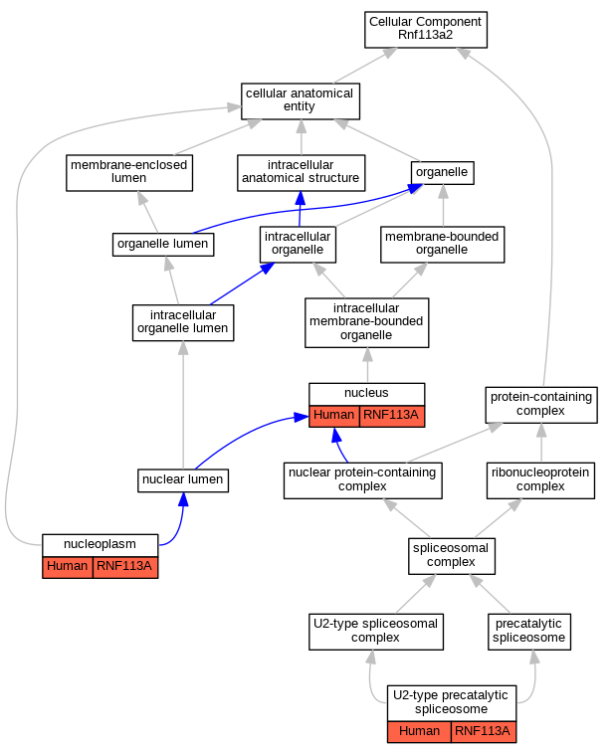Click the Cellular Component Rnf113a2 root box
(x=426, y=30)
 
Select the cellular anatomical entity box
(x=301, y=101)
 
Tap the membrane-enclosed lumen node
(x=129, y=173)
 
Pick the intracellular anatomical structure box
(x=302, y=173)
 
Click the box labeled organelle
(x=443, y=173)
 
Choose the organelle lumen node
(x=163, y=245)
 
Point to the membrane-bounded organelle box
(x=443, y=245)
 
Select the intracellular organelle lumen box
(x=183, y=322)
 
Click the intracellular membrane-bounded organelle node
(x=366, y=322)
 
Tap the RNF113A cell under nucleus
(x=391, y=416)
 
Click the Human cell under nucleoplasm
(x=68, y=567)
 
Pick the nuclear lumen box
(x=183, y=480)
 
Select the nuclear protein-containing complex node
(x=362, y=480)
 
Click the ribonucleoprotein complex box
(x=540, y=480)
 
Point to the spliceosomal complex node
(x=452, y=556)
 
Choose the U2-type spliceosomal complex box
(x=376, y=632)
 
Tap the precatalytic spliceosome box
(x=529, y=632)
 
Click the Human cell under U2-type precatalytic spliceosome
(x=419, y=732)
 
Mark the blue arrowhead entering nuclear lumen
(x=183, y=499)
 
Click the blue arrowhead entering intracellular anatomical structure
(x=301, y=198)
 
